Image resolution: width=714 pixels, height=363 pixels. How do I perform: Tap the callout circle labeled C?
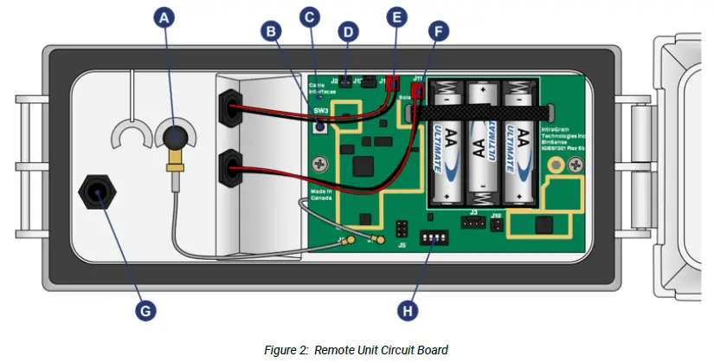(309, 16)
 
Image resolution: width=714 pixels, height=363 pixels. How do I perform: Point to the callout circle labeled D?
(347, 33)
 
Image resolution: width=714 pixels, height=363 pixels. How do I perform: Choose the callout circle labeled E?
(396, 16)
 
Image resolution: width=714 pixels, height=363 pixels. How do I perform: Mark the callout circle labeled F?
(438, 33)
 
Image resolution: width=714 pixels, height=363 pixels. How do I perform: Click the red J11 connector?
(418, 89)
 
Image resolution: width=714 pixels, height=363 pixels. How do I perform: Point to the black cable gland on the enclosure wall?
(96, 191)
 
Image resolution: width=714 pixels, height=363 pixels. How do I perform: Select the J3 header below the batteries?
(473, 223)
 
